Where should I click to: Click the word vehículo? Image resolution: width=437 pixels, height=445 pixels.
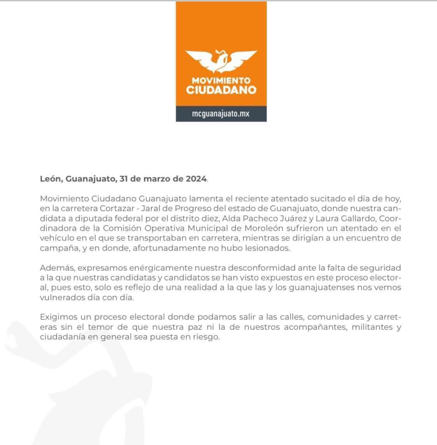pos(55,238)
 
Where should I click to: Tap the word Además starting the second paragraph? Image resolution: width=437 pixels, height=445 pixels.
pos(54,268)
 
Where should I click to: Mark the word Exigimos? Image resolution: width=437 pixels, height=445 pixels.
pos(56,317)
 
